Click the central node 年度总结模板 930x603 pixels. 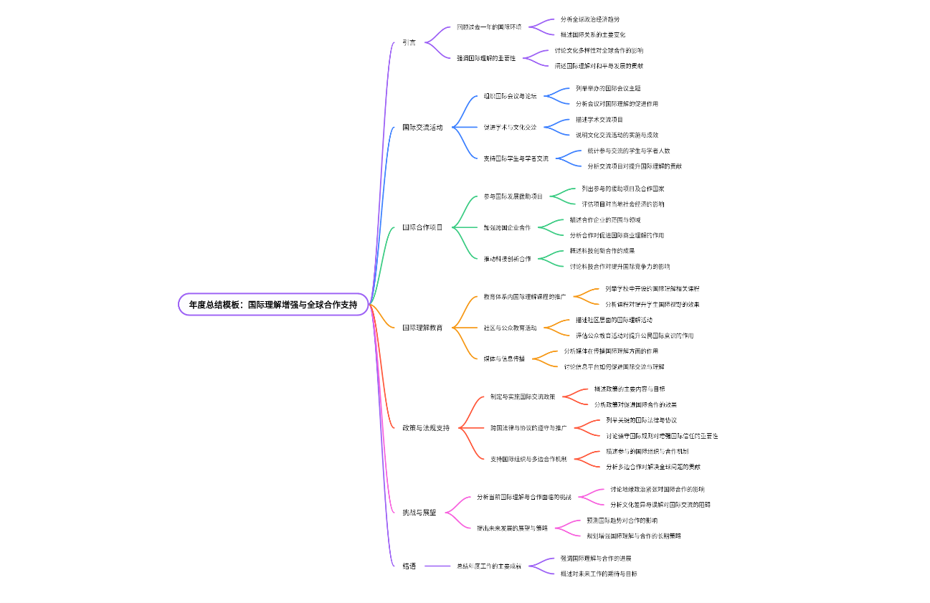coord(273,305)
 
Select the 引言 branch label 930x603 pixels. coord(409,42)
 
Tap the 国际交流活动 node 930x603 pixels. coord(422,127)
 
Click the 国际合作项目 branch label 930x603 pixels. coord(422,227)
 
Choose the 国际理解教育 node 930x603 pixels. coord(422,328)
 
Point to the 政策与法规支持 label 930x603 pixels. coord(426,428)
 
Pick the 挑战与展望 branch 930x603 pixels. coord(419,513)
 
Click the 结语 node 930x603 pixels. coord(409,566)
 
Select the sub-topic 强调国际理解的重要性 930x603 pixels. coord(486,58)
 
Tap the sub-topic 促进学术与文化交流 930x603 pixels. coord(510,127)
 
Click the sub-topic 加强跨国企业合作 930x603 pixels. coord(507,227)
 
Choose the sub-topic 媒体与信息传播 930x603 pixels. coord(503,359)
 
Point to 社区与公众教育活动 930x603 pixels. coord(510,328)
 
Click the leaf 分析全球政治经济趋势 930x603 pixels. coord(589,19)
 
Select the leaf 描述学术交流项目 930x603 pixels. coord(599,119)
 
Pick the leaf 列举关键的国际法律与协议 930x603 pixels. coord(641,420)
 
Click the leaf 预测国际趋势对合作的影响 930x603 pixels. coord(622,521)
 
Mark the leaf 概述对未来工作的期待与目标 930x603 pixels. coord(599,574)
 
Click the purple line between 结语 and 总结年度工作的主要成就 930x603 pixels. coord(437,566)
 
